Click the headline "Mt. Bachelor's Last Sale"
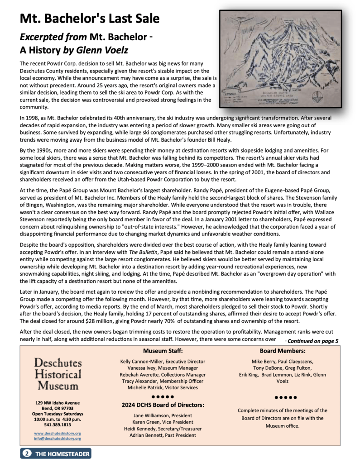pyautogui.click(x=89, y=19)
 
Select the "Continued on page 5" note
pyautogui.click(x=312, y=341)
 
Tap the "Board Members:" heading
pyautogui.click(x=283, y=351)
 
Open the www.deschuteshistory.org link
pyautogui.click(x=58, y=433)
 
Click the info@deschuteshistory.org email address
pyautogui.click(x=58, y=438)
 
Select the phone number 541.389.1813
pyautogui.click(x=58, y=425)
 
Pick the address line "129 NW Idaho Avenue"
pyautogui.click(x=58, y=403)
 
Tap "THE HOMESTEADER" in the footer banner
pyautogui.click(x=62, y=454)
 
